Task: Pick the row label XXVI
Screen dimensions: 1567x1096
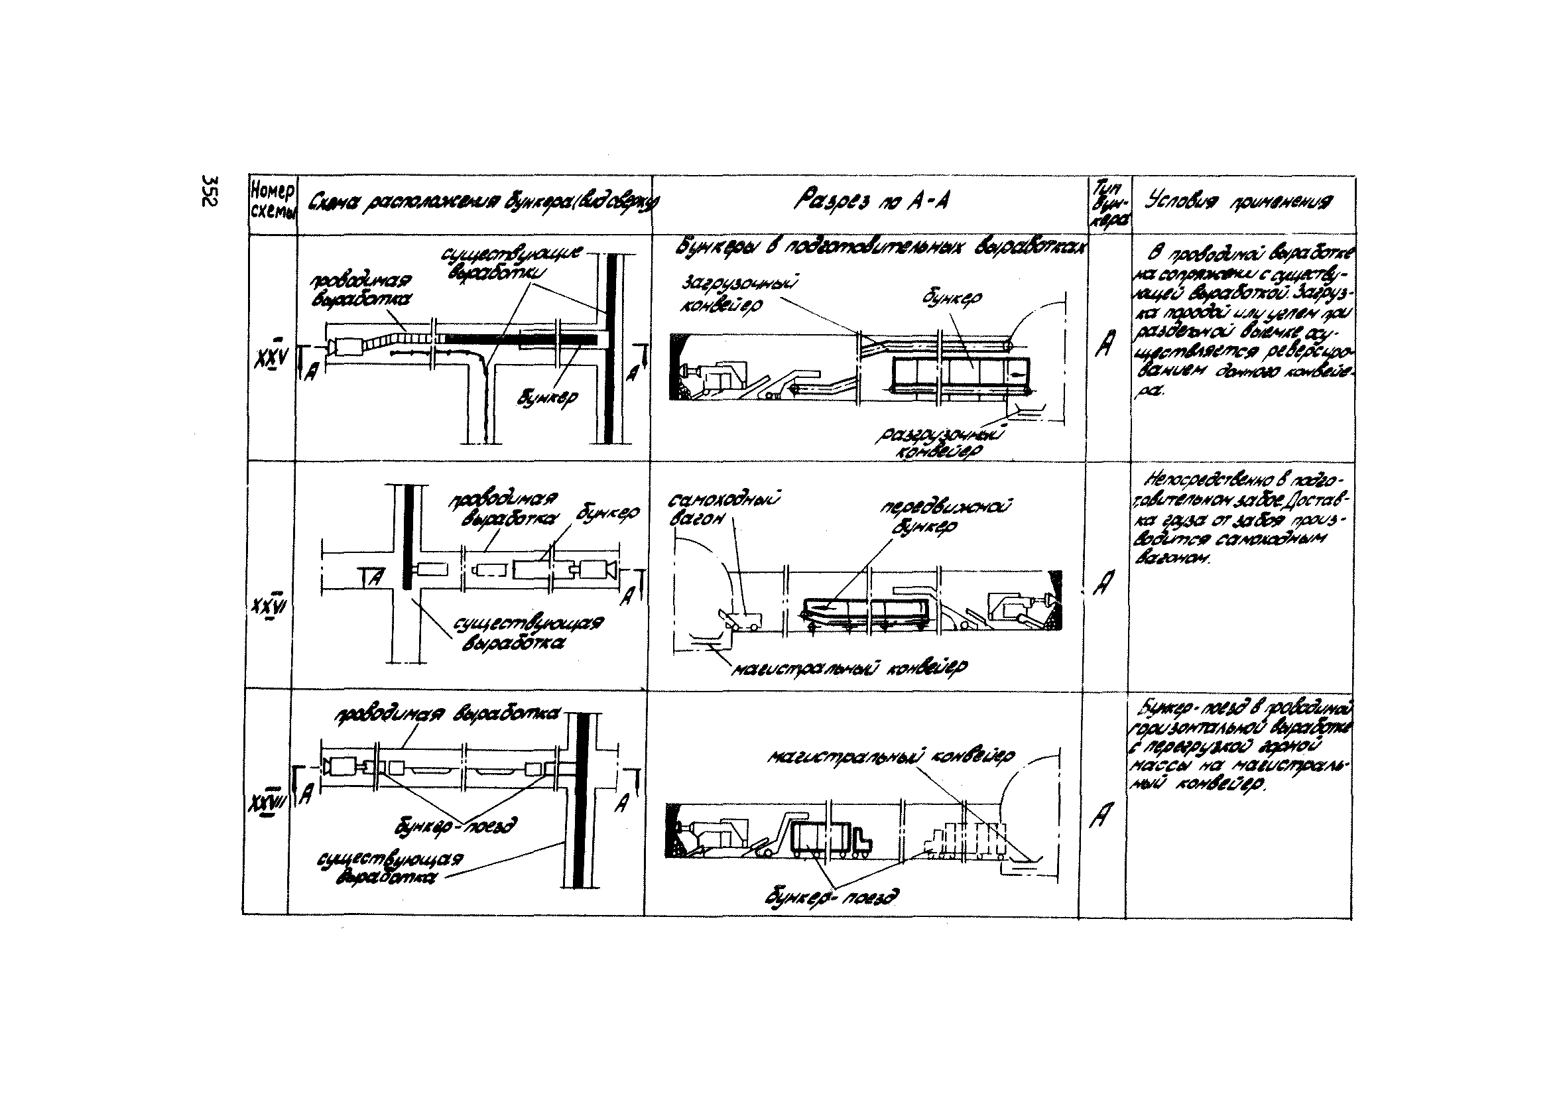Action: (x=268, y=606)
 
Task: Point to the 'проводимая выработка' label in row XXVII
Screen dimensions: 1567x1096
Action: (x=447, y=713)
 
